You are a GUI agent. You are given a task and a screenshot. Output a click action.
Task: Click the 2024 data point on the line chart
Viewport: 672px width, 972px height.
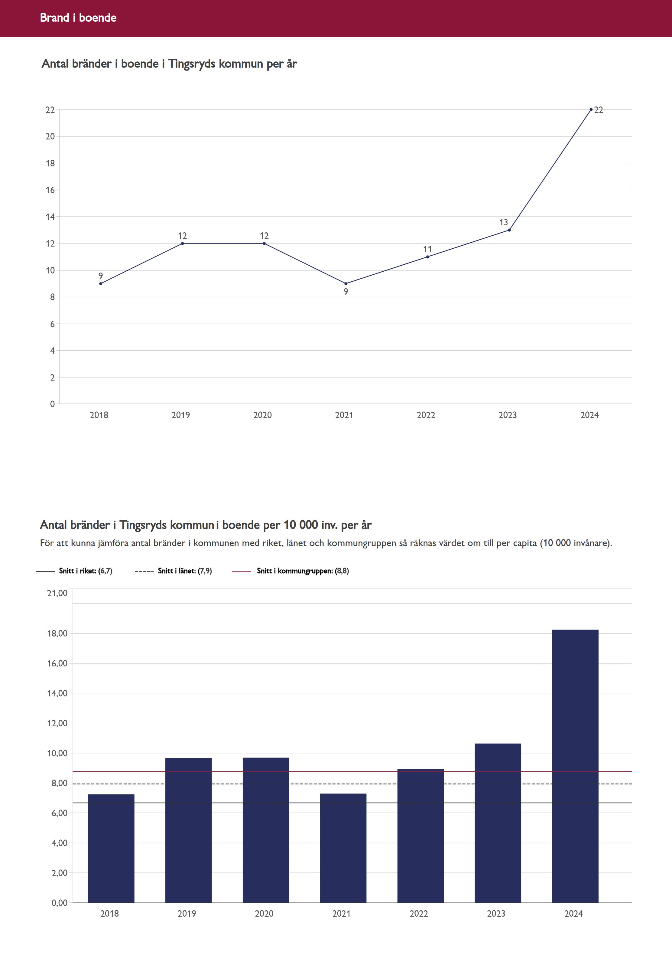point(591,110)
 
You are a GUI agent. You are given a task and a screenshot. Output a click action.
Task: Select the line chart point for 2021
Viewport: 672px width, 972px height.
point(346,283)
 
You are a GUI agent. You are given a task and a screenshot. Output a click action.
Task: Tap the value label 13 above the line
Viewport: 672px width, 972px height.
point(504,222)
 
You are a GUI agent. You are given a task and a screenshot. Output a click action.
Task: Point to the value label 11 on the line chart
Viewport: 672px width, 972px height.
point(427,249)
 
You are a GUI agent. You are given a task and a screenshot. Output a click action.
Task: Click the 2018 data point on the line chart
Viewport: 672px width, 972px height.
point(101,283)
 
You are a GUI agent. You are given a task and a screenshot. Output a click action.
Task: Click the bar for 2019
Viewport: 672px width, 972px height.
point(188,830)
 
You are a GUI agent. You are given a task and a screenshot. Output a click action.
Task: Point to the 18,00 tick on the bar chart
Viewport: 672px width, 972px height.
point(57,633)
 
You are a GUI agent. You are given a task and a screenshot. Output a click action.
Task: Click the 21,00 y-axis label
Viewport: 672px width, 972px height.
point(57,593)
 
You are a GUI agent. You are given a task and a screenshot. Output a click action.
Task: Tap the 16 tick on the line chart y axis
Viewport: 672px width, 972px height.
point(50,190)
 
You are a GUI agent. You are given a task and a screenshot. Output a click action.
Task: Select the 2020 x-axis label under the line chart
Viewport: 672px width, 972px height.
point(262,415)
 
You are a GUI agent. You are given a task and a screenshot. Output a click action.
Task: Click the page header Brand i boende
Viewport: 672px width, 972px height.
point(78,18)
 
